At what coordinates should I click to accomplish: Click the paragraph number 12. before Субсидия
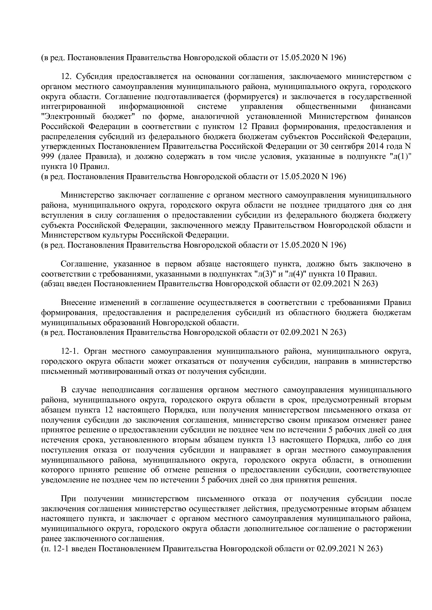[67, 77]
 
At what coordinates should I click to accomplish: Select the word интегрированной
[73, 106]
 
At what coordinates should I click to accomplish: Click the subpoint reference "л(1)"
[400, 156]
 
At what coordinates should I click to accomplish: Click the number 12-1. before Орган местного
[71, 352]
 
